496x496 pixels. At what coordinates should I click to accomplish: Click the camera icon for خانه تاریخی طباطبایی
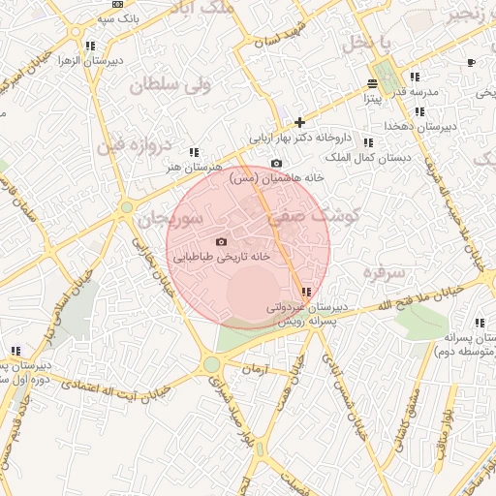pos(221,241)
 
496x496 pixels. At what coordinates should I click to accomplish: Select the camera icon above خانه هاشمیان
pos(276,164)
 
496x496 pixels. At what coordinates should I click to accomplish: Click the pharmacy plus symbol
pos(300,122)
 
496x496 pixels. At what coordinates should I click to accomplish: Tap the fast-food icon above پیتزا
pos(373,83)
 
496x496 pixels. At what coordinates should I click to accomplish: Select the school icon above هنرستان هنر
pos(195,152)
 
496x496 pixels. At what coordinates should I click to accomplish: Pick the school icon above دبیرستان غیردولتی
pos(306,292)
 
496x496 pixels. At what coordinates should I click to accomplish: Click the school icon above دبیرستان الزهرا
pos(90,46)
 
